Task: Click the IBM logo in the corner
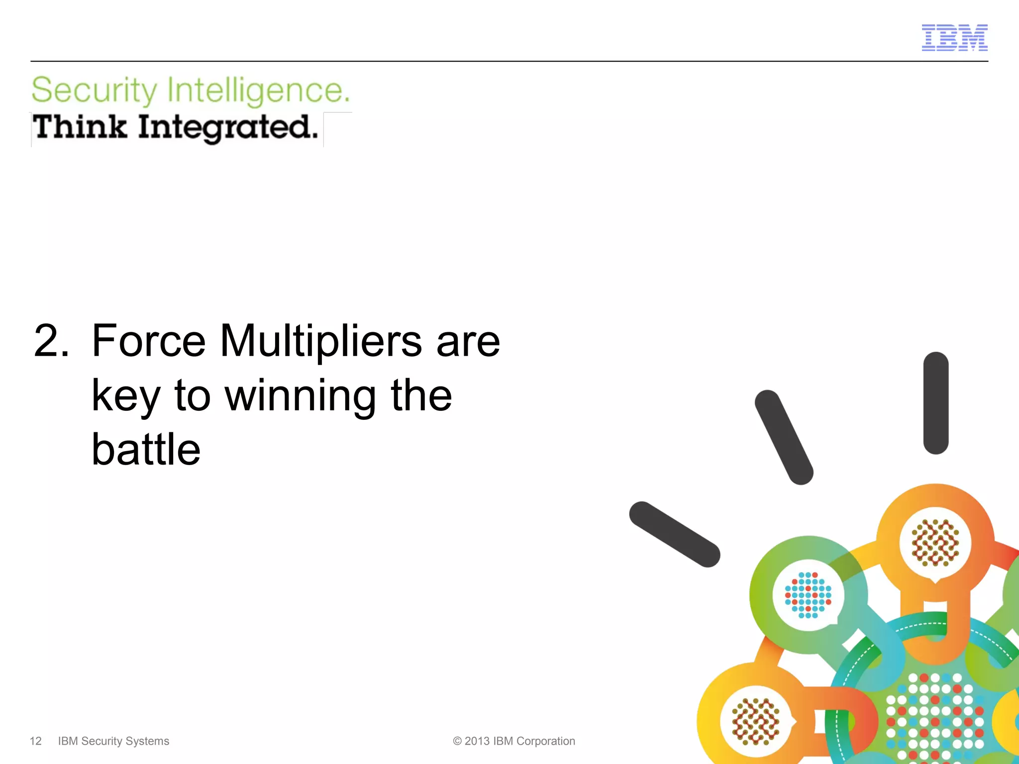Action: [x=954, y=38]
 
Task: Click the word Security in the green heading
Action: [x=94, y=91]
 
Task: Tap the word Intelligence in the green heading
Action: [x=258, y=91]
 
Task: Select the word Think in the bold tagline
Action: [x=80, y=127]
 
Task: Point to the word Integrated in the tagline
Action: [x=228, y=128]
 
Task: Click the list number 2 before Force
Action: [x=51, y=341]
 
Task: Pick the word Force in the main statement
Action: [x=148, y=341]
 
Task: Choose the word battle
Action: [x=146, y=450]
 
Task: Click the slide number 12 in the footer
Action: [x=36, y=741]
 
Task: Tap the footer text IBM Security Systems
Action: [x=113, y=741]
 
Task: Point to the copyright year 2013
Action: [x=477, y=741]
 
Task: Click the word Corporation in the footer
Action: [x=546, y=741]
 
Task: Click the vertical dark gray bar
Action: [x=936, y=403]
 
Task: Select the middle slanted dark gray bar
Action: [x=784, y=437]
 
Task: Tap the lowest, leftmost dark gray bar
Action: [x=675, y=534]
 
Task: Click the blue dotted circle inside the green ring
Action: [x=808, y=595]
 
